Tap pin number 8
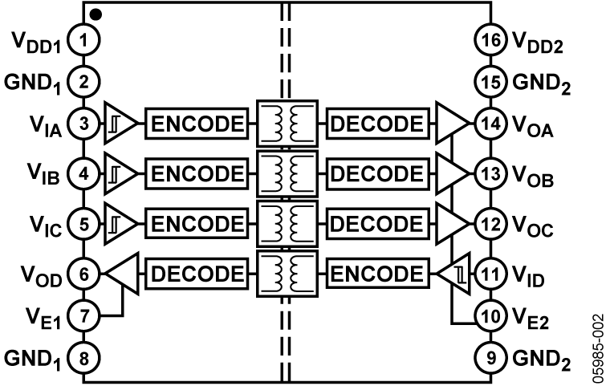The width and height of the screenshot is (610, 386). pyautogui.click(x=83, y=358)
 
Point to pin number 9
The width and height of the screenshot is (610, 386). pyautogui.click(x=490, y=358)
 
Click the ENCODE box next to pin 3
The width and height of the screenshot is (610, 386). pyautogui.click(x=197, y=124)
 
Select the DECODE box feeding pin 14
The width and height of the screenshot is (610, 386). pyautogui.click(x=376, y=124)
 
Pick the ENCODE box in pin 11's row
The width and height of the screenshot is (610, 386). pyautogui.click(x=376, y=274)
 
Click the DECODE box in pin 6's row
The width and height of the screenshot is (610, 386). pyautogui.click(x=197, y=274)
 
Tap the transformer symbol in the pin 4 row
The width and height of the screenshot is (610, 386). pyautogui.click(x=287, y=174)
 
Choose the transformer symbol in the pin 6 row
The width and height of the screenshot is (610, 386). pyautogui.click(x=287, y=274)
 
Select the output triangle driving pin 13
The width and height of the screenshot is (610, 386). pyautogui.click(x=451, y=174)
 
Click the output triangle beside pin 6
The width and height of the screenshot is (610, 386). pyautogui.click(x=123, y=274)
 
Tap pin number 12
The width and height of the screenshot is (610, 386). pyautogui.click(x=490, y=225)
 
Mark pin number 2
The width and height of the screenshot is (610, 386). pyautogui.click(x=83, y=81)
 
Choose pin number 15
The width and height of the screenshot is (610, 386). pyautogui.click(x=490, y=81)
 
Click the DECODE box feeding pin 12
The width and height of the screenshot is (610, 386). pyautogui.click(x=376, y=225)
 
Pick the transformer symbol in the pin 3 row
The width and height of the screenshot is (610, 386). pyautogui.click(x=287, y=124)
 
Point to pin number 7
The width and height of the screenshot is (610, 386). pyautogui.click(x=83, y=316)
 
